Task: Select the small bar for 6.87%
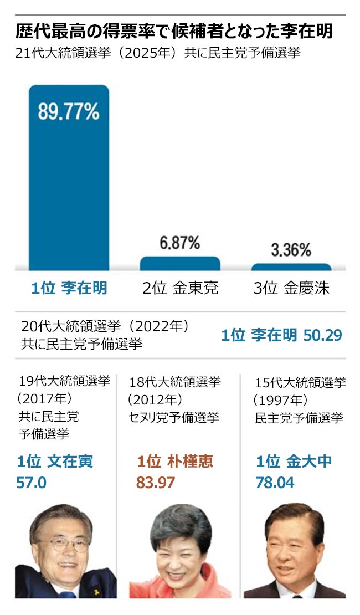click(180, 263)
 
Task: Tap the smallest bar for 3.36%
click(291, 267)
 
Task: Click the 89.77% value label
click(69, 112)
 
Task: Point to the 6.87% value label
click(180, 243)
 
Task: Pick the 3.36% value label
click(291, 250)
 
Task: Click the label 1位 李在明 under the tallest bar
click(69, 288)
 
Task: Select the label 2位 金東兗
click(179, 288)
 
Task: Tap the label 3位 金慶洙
click(291, 288)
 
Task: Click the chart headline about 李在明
click(174, 31)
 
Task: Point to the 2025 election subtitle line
click(158, 55)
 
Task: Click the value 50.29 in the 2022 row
click(322, 335)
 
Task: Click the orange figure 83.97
click(156, 482)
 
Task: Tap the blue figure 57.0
click(32, 482)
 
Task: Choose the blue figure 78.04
click(275, 482)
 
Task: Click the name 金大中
click(309, 462)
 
